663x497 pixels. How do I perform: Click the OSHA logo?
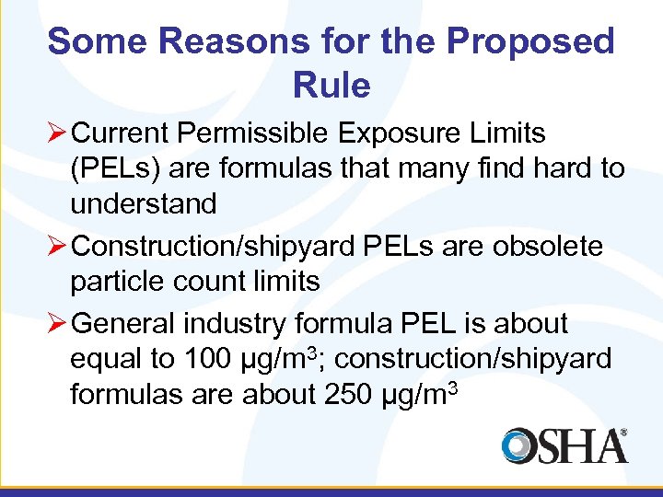click(564, 445)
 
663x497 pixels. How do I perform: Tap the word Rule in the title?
click(331, 86)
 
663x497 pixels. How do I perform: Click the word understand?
click(143, 204)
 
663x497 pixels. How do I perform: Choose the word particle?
click(119, 281)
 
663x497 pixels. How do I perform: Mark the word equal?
click(103, 358)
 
